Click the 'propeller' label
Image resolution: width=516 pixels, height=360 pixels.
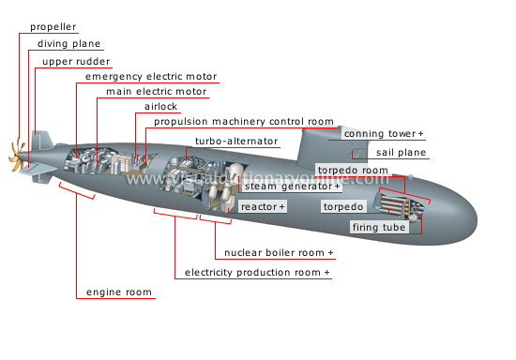point(53,25)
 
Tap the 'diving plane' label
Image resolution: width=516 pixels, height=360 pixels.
point(68,43)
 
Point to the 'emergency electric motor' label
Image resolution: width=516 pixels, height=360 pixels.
point(150,76)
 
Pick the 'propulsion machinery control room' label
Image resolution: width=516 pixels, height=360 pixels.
point(243,121)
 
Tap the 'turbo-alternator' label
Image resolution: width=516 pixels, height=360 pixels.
point(236,141)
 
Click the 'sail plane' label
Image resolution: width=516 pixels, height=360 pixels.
point(401,152)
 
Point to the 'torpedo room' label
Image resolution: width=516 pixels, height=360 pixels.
point(352,171)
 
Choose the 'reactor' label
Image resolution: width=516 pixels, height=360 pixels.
point(262,205)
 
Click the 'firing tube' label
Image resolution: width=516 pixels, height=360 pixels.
point(378,227)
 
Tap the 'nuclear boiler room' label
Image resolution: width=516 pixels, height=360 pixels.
point(278,253)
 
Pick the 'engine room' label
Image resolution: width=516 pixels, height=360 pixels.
point(119,292)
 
